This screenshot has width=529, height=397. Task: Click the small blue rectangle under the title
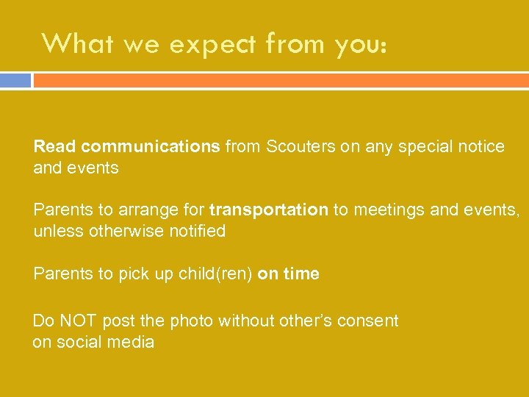tap(15, 80)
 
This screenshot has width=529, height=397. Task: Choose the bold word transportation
tap(268, 210)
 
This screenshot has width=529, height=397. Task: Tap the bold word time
tap(301, 274)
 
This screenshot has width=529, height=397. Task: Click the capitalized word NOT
tap(77, 321)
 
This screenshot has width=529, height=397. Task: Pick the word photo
tap(190, 321)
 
